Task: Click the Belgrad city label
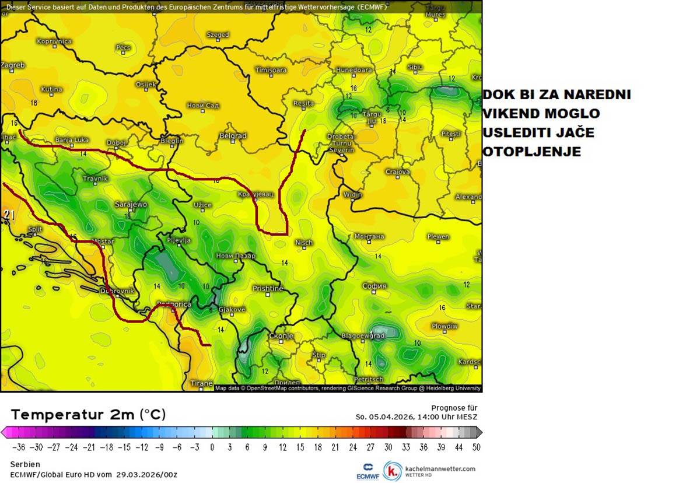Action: click(x=233, y=136)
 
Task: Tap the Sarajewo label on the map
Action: click(x=131, y=205)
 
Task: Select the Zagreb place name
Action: click(x=12, y=65)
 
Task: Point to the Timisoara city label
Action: click(x=271, y=70)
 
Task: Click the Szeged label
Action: click(x=218, y=35)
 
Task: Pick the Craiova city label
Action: click(x=397, y=172)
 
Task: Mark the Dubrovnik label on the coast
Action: click(x=117, y=290)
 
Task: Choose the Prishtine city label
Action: click(x=268, y=288)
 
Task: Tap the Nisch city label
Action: click(x=303, y=243)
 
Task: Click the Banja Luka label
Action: click(x=72, y=140)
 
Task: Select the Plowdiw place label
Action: click(x=444, y=326)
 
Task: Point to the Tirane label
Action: click(x=202, y=383)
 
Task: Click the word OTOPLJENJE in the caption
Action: click(x=531, y=152)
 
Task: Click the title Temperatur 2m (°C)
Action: click(x=88, y=415)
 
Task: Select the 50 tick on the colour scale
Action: click(x=476, y=447)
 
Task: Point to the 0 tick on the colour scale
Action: click(x=212, y=447)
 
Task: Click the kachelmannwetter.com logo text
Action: click(x=440, y=468)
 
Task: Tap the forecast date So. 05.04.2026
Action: click(x=385, y=416)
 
